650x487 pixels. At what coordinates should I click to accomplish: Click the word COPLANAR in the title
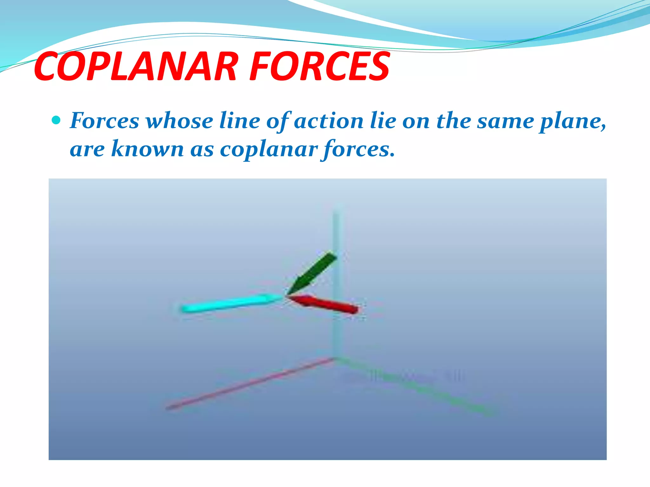[136, 67]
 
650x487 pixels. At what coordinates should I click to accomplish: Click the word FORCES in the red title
[319, 67]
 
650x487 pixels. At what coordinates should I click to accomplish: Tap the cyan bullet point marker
[56, 120]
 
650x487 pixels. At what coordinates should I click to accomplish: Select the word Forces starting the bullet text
[104, 121]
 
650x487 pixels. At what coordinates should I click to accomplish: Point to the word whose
[179, 121]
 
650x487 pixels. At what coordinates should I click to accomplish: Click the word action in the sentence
[328, 121]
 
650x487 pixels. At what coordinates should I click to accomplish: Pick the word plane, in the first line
[573, 121]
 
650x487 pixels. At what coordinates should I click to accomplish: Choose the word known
[147, 149]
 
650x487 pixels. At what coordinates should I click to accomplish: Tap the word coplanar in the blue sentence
[269, 149]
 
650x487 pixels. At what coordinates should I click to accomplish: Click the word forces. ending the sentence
[359, 149]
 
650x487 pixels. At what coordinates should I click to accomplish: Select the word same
[506, 121]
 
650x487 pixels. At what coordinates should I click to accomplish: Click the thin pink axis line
[248, 384]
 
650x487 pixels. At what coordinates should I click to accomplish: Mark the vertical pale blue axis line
[335, 333]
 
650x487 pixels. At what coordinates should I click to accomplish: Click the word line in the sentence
[240, 121]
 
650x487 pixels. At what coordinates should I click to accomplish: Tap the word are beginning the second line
[87, 149]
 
